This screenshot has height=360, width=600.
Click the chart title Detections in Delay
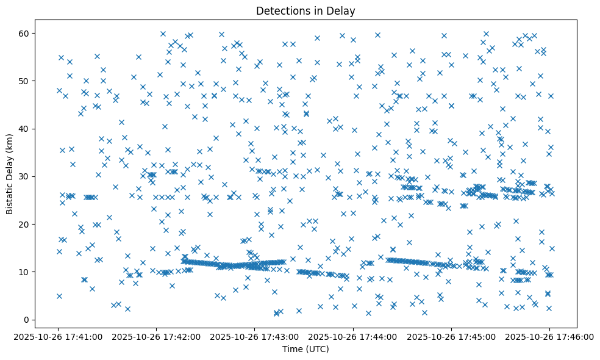point(305,11)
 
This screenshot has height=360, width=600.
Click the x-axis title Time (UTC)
point(305,349)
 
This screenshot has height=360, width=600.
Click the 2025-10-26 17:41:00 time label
point(59,337)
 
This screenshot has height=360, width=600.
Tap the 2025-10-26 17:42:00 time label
point(157,337)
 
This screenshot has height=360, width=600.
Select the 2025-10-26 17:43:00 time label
point(255,337)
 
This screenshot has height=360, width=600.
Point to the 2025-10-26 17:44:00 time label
point(353,337)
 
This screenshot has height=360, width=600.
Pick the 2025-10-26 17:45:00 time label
point(451,337)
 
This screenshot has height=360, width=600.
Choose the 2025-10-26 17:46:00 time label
point(549,337)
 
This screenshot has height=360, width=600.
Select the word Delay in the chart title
point(343,11)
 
